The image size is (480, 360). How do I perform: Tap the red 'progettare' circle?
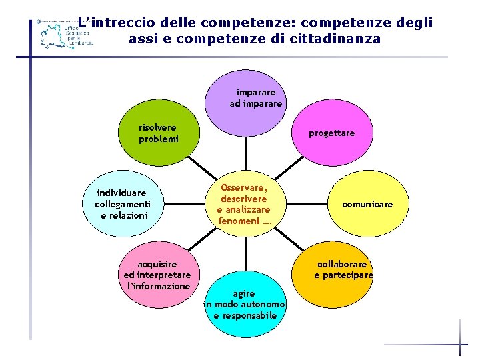[x=331, y=133]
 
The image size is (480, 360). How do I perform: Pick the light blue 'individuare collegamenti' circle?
[x=123, y=204]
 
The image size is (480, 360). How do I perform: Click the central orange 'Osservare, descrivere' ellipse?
[x=244, y=204]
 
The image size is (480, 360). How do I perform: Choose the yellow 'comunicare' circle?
[x=367, y=204]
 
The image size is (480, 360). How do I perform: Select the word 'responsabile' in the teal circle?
[x=245, y=315]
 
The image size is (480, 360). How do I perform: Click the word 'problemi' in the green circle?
[x=159, y=139]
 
